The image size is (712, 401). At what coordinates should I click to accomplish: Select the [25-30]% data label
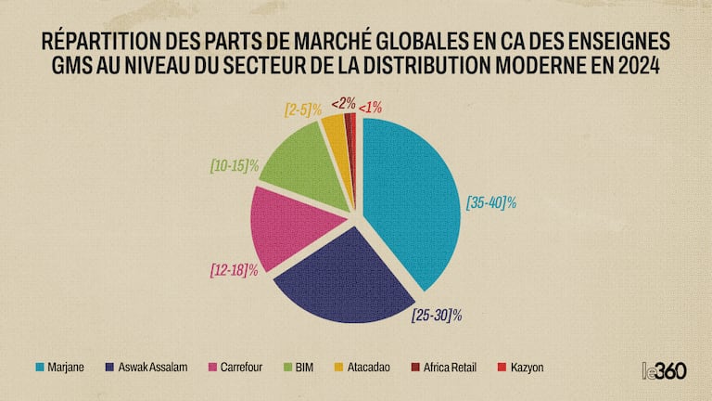[x=437, y=316]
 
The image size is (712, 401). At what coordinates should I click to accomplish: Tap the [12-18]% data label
[x=234, y=271]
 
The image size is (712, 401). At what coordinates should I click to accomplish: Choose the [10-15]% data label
[x=234, y=169]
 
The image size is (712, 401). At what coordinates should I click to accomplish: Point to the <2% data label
[x=343, y=103]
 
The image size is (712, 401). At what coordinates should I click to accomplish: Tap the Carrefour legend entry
[x=235, y=368]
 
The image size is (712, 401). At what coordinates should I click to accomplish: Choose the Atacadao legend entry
[x=364, y=368]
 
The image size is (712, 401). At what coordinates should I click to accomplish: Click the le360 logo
[x=665, y=369]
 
